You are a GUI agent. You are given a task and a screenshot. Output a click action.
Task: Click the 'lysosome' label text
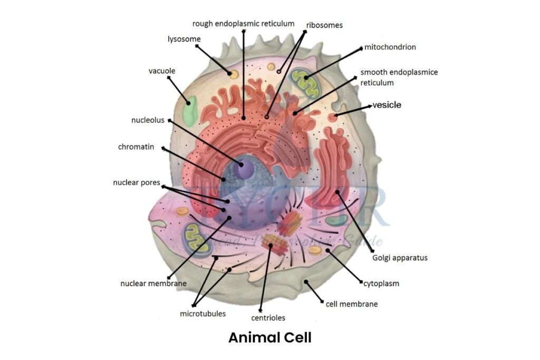[184, 39]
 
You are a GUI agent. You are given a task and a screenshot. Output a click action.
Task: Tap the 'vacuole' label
[162, 71]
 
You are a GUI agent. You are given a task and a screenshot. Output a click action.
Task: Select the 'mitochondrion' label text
[390, 47]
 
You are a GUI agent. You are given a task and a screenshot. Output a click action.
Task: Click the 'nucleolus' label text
[148, 120]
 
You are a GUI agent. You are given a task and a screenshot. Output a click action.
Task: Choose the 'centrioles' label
[268, 318]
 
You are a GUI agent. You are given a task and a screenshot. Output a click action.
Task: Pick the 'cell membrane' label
[352, 304]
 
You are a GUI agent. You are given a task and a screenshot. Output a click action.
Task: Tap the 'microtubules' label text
[203, 314]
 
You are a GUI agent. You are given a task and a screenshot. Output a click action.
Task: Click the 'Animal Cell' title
[269, 338]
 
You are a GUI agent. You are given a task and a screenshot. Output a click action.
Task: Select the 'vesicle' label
[387, 105]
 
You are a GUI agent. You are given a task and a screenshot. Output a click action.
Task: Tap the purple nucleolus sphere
[244, 168]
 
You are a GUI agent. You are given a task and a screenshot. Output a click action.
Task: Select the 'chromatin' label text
[136, 147]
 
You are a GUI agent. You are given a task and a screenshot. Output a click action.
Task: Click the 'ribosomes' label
[324, 25]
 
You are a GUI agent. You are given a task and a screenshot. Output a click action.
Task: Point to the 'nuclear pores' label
[136, 183]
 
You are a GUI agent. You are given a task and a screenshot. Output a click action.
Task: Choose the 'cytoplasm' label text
[381, 284]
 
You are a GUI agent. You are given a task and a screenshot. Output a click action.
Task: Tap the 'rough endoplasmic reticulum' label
[243, 23]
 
